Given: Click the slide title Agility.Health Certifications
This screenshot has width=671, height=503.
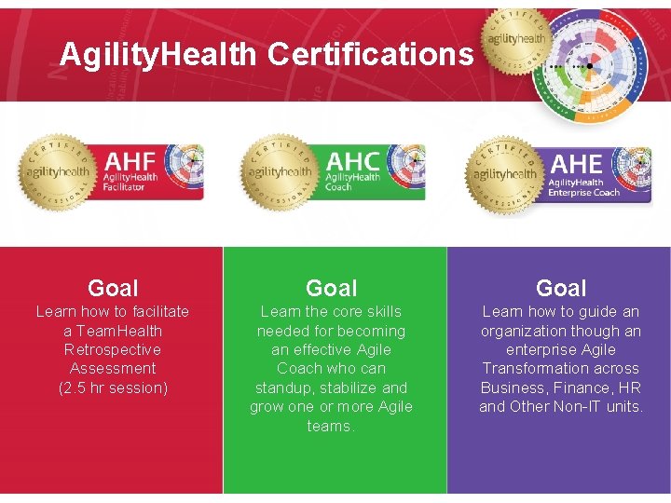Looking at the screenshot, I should pos(267,55).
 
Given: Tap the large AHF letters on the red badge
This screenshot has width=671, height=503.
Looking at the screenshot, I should pos(130,157).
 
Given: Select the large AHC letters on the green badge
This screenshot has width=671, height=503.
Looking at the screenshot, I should pos(353,159).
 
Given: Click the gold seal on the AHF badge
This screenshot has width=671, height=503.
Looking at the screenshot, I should pos(57,170).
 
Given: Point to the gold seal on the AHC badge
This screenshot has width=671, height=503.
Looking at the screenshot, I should pos(278,171).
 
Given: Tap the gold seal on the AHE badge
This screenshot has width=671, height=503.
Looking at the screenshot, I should pos(503,173).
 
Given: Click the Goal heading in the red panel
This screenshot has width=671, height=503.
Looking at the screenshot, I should pos(113,288).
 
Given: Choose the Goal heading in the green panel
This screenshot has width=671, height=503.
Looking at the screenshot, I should pos(332,288).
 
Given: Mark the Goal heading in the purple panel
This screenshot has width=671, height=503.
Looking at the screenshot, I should pos(561,288).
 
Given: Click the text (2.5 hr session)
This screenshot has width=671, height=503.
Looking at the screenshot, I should pos(113,387).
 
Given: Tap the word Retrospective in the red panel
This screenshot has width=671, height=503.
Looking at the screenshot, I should pos(113,349).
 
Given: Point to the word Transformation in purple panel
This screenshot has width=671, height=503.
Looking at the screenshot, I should pos(561,368).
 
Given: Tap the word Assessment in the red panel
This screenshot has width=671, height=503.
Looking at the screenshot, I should pos(113,368).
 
